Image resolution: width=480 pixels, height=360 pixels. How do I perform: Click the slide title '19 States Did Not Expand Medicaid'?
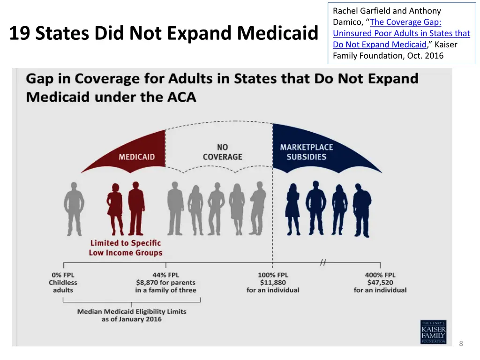(163, 34)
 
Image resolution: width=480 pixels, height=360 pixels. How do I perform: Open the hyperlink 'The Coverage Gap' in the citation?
(405, 22)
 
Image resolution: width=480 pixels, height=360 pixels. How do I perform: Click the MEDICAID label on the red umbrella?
(136, 157)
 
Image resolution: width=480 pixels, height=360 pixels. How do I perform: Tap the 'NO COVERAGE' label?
(222, 152)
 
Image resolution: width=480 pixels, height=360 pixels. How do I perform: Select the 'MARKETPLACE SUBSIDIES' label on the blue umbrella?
(306, 152)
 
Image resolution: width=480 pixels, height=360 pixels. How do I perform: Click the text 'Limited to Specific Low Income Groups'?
(126, 247)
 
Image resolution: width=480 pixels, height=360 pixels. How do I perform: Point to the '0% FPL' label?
(63, 275)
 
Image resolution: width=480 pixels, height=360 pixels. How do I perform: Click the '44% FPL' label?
(165, 275)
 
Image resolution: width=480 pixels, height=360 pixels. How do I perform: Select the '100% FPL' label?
(273, 275)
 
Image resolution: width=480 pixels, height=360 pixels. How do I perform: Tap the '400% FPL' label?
(380, 275)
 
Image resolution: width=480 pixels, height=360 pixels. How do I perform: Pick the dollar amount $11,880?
(273, 283)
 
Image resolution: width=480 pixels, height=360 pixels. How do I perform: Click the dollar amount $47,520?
(380, 283)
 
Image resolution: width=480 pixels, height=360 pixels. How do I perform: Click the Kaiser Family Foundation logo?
(433, 332)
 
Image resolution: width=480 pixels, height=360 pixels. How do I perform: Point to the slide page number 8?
(461, 344)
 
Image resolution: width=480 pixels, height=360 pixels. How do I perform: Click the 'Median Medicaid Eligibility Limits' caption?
(132, 312)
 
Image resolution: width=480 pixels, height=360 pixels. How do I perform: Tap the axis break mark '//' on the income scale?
(322, 263)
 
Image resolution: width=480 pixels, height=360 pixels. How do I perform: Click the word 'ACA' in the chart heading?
(181, 97)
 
